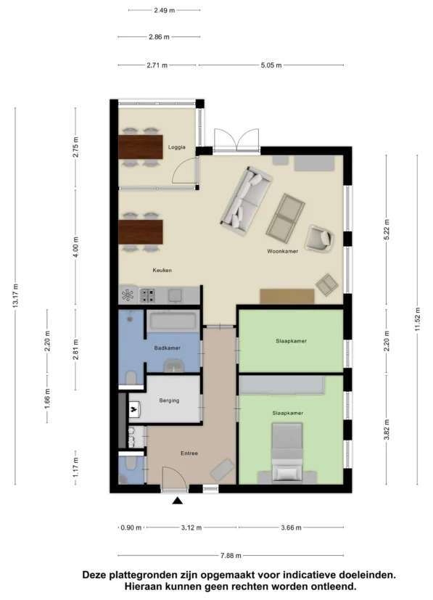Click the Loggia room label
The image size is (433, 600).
coord(177,147)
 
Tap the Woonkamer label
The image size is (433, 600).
coord(282,252)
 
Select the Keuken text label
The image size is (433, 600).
coord(162,270)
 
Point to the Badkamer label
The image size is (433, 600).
coord(167,348)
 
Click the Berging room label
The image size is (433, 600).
coord(169,400)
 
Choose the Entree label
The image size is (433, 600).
coord(189,453)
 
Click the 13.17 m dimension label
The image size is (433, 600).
coord(15,296)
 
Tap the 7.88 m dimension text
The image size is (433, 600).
coord(231,556)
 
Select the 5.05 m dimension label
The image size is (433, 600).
coord(271,65)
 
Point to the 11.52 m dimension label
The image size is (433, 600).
coord(417,319)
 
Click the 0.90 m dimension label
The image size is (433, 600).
coord(131,527)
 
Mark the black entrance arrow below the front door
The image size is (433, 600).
coord(177,501)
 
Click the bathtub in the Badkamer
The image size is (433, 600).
coord(173,322)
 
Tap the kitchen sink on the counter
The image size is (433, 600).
coord(176,295)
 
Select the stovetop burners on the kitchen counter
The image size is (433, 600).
coord(147,295)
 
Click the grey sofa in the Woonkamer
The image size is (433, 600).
coord(247,200)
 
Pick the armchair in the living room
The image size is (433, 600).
coord(319,238)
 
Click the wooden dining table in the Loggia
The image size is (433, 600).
coord(141,147)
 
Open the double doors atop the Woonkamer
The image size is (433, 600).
coord(236,141)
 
